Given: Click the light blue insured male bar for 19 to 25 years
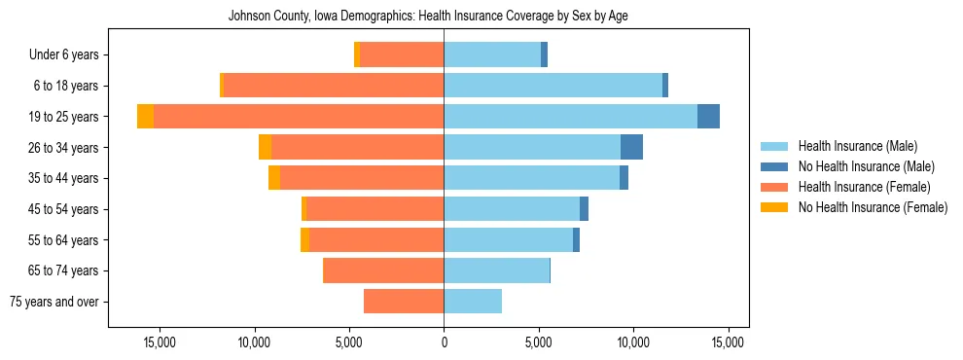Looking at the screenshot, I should tap(570, 117).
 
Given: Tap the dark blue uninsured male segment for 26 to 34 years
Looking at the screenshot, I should tap(631, 147).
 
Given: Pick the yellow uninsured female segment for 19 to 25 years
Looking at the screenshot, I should tap(145, 117).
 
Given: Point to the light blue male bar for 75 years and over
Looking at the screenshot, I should tap(473, 302).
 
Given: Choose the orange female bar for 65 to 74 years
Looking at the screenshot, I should tap(383, 270).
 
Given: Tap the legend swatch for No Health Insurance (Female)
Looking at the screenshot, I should tap(774, 207).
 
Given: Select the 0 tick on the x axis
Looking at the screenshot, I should tap(444, 342).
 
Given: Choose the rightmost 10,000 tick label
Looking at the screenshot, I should tap(633, 342).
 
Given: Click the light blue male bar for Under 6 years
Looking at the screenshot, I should tap(492, 54).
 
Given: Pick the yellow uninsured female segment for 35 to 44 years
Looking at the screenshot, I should tap(274, 178).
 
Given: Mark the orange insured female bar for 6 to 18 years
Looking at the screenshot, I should tap(334, 86).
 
